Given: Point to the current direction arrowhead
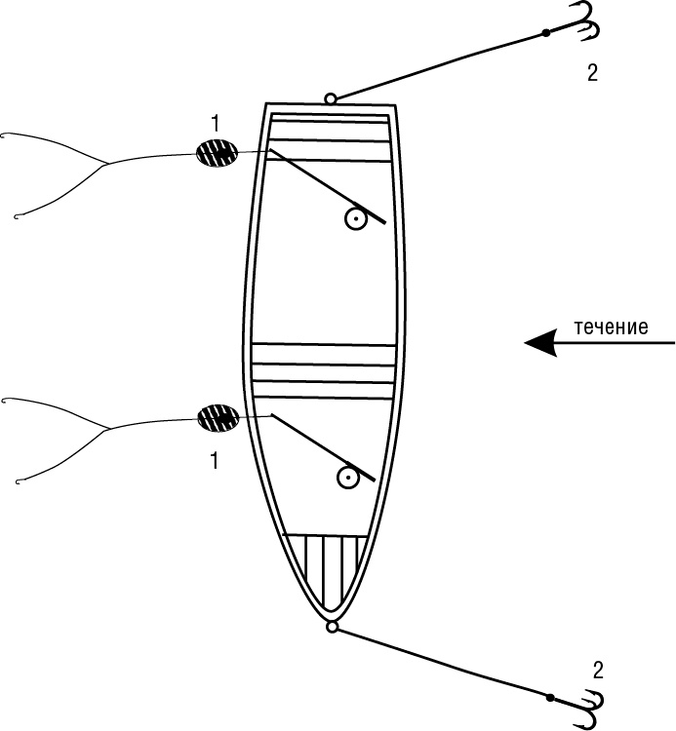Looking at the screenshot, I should pos(539,342).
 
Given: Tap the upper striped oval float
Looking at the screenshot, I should pos(217,153).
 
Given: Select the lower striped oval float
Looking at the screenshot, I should pos(218,418).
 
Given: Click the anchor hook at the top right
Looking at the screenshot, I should pos(582,23).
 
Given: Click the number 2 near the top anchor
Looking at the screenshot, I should pos(593,72).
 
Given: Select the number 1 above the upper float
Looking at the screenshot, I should pos(216,123).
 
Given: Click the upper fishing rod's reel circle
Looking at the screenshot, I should pos(356,219).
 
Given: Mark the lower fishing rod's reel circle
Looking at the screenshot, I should pos(345,478).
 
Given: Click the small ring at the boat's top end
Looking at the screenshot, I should pos(331,98).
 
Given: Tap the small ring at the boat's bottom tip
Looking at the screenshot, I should pos(333,627).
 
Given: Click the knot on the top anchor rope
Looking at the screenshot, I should pos(545,33).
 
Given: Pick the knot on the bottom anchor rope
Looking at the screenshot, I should pos(550,698).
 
